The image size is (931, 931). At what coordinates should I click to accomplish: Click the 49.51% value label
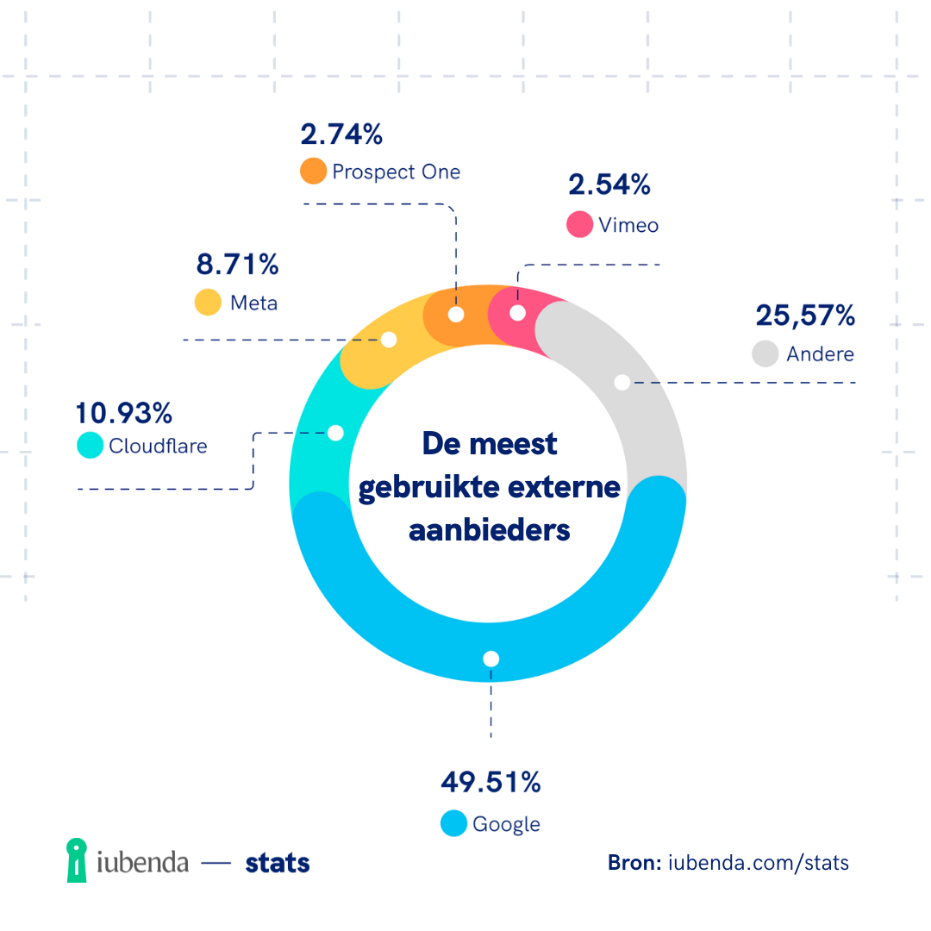coord(490,782)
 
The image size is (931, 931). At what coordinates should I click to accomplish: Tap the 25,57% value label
coord(805,316)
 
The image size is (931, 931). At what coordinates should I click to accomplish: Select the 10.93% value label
coord(124,413)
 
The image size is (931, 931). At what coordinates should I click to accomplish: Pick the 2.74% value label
coord(341,134)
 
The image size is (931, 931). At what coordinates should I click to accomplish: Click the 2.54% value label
coord(609,185)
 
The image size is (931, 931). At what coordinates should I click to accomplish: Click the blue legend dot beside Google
coord(453,823)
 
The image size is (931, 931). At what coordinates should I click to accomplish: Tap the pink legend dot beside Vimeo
coord(579,224)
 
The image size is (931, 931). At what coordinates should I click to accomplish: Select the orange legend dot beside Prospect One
coord(313,171)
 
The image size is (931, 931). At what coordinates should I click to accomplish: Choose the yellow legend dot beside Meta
coord(208,303)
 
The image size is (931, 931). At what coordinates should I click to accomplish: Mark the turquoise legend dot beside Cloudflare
coord(90,445)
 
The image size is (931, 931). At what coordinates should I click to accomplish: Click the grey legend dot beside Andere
coord(765,353)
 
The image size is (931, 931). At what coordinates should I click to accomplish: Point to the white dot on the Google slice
coord(491,659)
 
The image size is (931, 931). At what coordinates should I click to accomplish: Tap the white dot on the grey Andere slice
coord(622,383)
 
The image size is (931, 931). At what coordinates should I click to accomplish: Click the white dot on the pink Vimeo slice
coord(517,312)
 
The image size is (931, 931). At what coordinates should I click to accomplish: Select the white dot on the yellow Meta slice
coord(389,340)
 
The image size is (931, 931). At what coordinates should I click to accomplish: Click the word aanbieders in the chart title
coord(490,529)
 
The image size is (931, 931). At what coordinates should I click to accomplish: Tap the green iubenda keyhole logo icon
coord(78,860)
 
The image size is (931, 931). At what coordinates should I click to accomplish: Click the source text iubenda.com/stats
coord(759,862)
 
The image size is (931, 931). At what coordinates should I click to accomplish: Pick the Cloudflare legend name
coord(158,446)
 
